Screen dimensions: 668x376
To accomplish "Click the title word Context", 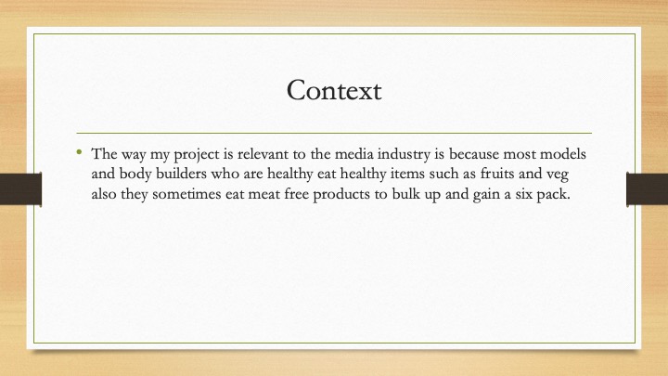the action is tap(334, 90).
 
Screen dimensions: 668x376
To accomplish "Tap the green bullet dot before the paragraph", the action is tap(79, 151).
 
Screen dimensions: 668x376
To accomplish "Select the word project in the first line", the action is tap(197, 155).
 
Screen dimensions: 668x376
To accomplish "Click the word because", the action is tap(473, 153).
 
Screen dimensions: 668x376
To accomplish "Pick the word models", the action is tap(563, 153).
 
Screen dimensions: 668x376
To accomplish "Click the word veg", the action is tap(558, 175).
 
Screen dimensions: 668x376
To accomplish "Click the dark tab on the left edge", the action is tap(20, 188).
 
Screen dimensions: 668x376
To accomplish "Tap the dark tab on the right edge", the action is tap(648, 188).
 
